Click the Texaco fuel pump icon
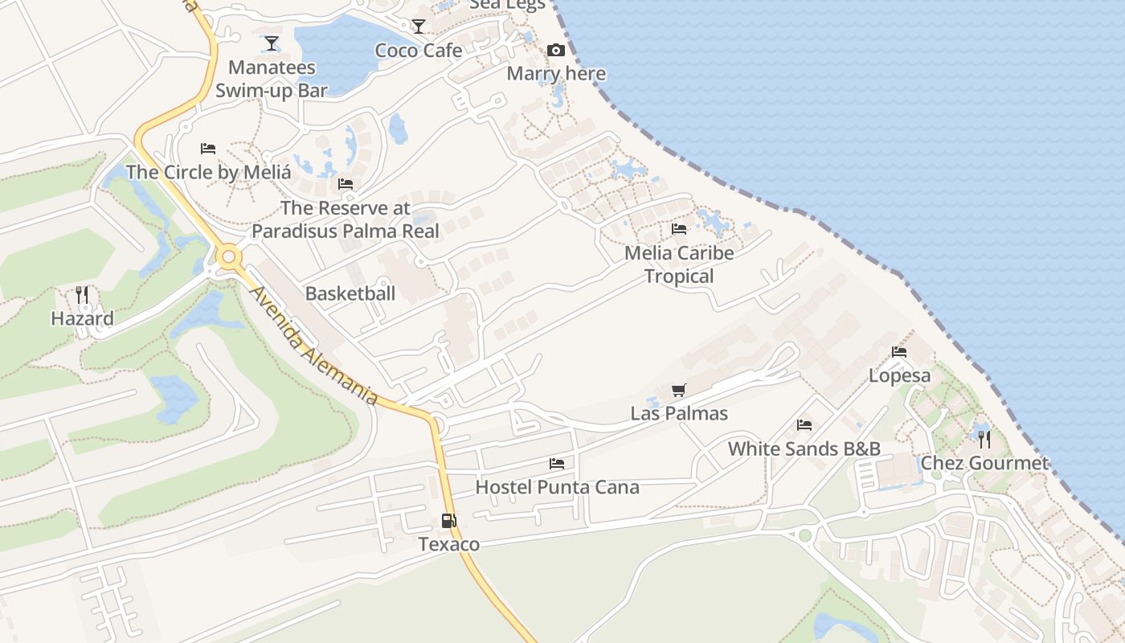448,521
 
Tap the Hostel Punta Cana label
557,487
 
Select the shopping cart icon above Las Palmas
679,391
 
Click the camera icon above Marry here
556,51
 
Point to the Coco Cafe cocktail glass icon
419,27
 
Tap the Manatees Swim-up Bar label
271,79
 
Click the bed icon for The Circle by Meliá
208,149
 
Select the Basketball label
350,293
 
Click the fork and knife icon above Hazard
82,295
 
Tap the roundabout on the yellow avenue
229,258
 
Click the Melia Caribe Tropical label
679,264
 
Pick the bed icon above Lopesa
899,352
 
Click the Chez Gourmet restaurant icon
984,440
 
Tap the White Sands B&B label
804,448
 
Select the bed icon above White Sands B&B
804,425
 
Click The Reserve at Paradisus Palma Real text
346,219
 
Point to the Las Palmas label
679,414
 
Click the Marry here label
556,74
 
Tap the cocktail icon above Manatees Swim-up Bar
272,43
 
